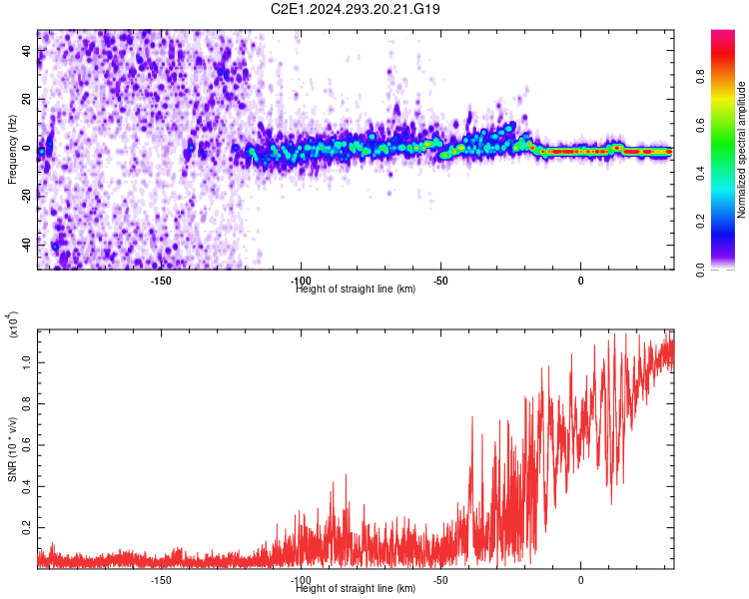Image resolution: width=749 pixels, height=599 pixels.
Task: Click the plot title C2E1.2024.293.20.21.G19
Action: [357, 9]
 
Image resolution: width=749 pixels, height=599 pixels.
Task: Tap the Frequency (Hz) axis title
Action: [12, 149]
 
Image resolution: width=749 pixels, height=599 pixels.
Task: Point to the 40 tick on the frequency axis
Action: [28, 52]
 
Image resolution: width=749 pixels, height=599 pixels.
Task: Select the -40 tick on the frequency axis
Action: [28, 245]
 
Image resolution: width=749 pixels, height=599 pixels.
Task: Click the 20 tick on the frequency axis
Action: [28, 100]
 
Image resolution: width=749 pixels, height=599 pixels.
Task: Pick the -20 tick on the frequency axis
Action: [28, 197]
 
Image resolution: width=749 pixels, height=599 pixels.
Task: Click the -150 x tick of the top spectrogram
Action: [161, 281]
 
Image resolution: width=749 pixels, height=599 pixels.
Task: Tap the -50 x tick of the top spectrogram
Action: [440, 281]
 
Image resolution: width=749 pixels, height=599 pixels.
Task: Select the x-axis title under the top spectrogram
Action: [357, 290]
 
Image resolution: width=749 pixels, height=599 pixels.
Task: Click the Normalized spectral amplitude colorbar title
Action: [742, 150]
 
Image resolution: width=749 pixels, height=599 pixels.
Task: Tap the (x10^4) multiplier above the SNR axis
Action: [12, 325]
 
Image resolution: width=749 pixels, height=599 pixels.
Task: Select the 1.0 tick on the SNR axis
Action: [28, 367]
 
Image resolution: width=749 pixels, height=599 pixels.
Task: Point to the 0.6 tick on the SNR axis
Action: [28, 447]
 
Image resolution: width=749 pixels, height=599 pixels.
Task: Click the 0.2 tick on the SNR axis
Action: [28, 526]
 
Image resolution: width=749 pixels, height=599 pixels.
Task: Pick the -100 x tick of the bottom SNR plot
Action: [301, 580]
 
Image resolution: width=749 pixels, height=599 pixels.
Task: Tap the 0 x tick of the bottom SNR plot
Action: [580, 580]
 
